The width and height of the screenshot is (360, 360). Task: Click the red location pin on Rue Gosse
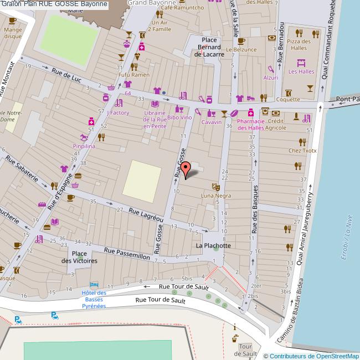coord(186,168)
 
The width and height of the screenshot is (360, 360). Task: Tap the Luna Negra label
coord(215,196)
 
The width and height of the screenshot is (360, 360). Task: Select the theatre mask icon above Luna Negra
coord(215,187)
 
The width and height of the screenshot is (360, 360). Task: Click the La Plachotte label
coord(213,245)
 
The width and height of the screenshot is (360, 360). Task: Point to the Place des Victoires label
coord(79,257)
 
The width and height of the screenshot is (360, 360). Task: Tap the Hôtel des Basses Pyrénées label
coord(94,299)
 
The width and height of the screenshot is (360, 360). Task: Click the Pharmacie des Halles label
coord(251,124)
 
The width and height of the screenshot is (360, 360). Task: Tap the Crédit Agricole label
coord(276,124)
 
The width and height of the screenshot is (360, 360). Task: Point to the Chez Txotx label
coord(302,150)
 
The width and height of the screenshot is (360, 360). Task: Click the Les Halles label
coord(301,71)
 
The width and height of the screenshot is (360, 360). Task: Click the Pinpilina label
coord(84,146)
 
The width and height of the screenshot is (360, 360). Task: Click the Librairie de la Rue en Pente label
coord(155,119)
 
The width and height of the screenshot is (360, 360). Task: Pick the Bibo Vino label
coord(179,117)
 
